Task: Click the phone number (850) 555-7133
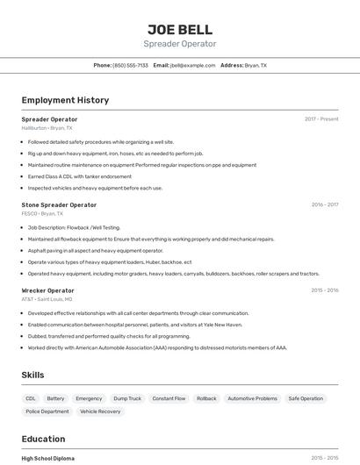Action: [131, 66]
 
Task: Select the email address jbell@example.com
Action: [192, 66]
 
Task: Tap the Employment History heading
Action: [65, 100]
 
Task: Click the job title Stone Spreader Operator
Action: [59, 204]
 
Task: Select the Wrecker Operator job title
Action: [48, 290]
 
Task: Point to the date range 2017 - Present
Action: [321, 119]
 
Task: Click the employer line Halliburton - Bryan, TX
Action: [47, 128]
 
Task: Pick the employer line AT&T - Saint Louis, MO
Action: [47, 299]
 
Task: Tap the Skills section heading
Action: [32, 375]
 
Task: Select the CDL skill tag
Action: [31, 398]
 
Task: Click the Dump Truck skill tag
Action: [127, 398]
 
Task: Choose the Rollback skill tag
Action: [206, 398]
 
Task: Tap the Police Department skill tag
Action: [47, 411]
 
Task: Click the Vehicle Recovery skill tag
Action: [100, 411]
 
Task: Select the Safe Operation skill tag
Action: [306, 398]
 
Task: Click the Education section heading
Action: [43, 439]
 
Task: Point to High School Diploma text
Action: [48, 458]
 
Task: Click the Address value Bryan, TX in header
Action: [256, 66]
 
